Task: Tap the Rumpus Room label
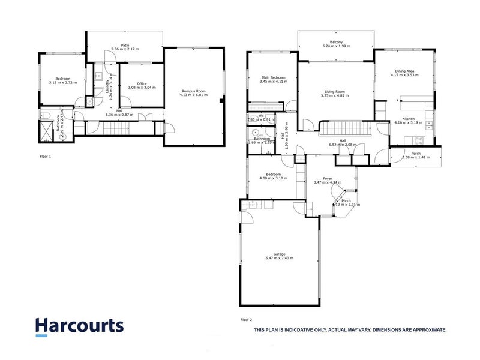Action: (194, 91)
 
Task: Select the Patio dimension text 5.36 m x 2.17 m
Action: (125, 49)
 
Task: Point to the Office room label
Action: (142, 83)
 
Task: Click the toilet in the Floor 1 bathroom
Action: (46, 116)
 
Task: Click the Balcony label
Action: (335, 42)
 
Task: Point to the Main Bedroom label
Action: (273, 77)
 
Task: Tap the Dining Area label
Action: (404, 70)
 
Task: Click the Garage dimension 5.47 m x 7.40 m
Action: (279, 258)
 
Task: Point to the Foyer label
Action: (328, 178)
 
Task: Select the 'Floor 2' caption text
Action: (246, 320)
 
